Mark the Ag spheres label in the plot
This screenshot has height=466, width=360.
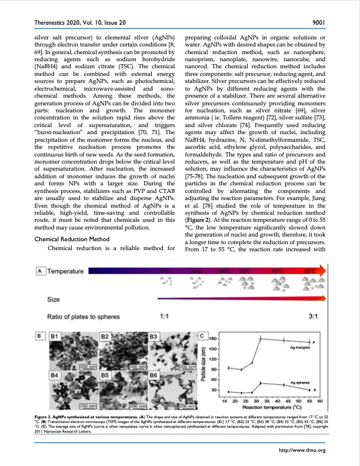[x=300, y=382]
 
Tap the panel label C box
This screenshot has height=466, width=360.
[x=202, y=336]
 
